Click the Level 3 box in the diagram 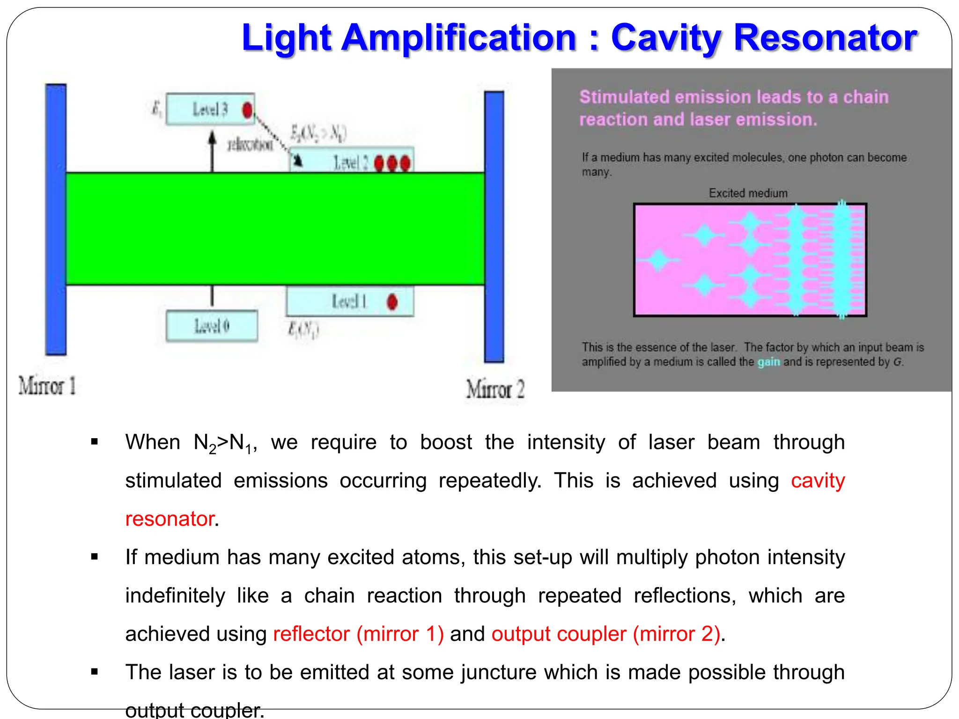click(x=210, y=110)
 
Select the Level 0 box click(x=212, y=326)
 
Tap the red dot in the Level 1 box click(x=392, y=302)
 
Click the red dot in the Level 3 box click(x=247, y=110)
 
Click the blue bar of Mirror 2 click(x=494, y=227)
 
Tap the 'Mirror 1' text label click(x=47, y=386)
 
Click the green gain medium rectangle click(x=275, y=228)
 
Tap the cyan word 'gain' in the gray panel click(x=768, y=362)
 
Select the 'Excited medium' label click(x=748, y=193)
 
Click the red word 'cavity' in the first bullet click(x=818, y=481)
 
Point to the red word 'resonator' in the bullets click(x=170, y=519)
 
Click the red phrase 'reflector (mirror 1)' click(x=358, y=634)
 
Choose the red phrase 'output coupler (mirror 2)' click(x=605, y=634)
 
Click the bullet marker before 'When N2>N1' click(x=95, y=442)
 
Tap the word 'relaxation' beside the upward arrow click(x=250, y=145)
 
